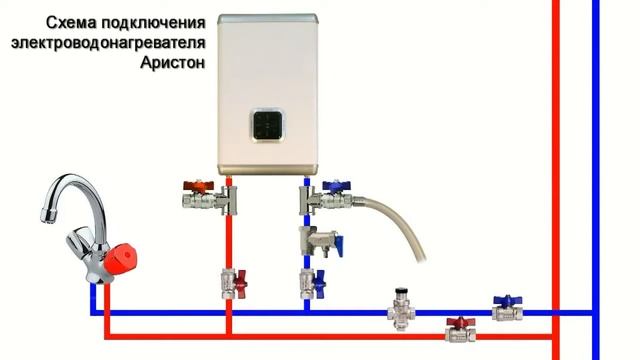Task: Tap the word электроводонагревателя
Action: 109,44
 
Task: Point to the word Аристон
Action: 176,64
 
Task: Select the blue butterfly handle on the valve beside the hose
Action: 339,185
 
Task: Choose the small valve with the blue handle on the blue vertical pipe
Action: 309,281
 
